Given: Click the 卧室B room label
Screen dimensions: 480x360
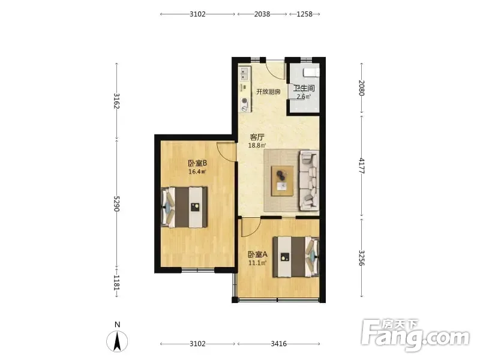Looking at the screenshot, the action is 197,163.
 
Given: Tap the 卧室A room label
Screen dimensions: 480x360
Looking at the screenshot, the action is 257,254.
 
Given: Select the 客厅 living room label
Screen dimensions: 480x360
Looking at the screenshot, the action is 257,137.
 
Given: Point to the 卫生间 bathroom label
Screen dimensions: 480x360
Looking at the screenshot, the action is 304,88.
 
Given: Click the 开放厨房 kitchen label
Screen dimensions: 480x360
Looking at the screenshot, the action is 268,92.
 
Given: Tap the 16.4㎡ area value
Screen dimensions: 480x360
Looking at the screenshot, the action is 197,172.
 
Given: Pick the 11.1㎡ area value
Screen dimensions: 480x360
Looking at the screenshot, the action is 257,263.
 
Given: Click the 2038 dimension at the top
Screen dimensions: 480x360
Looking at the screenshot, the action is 262,14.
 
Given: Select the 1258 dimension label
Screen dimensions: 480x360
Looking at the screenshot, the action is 304,14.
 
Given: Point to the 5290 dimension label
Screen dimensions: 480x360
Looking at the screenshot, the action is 116,203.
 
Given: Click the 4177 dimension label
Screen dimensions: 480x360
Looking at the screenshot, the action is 362,166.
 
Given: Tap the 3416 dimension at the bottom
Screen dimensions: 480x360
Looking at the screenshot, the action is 278,344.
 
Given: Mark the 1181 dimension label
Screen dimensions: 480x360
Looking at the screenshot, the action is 116,282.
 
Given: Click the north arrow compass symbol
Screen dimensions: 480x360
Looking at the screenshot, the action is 117,341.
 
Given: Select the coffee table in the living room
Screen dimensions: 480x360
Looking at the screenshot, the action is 282,181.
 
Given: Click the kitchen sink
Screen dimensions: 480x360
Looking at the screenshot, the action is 244,74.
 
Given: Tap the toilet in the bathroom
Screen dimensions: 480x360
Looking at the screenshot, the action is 311,73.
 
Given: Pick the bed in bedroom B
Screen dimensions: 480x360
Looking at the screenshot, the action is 184,207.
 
